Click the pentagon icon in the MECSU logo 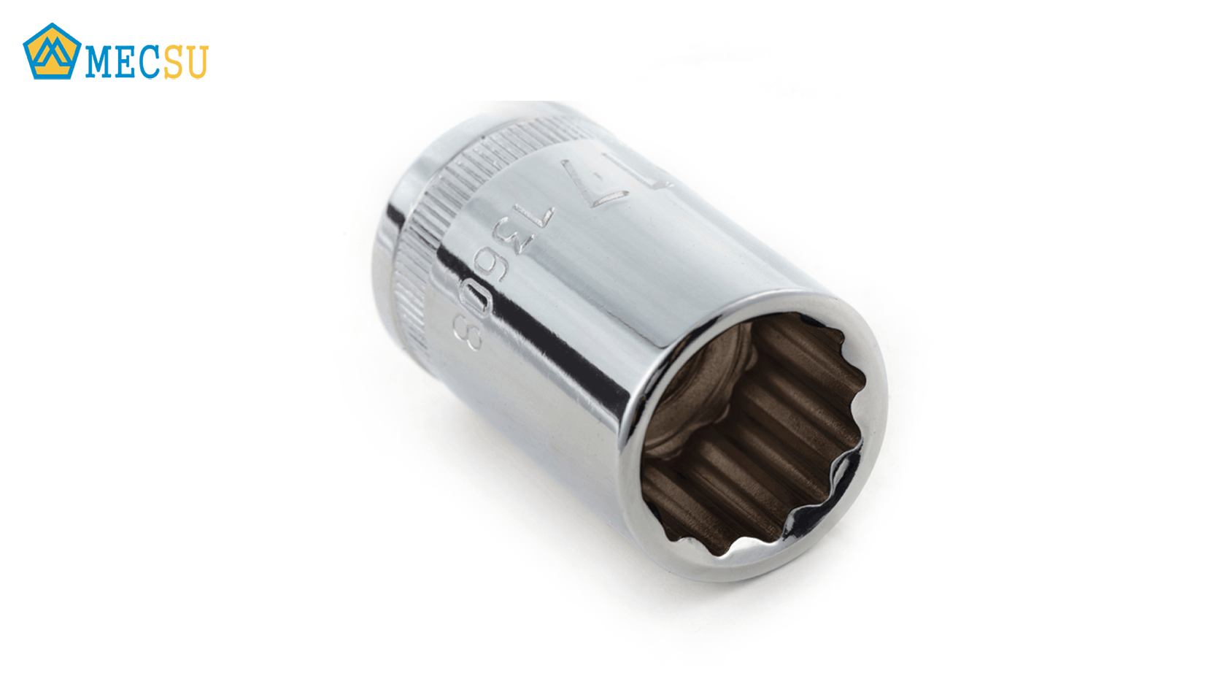(52, 52)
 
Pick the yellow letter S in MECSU (174, 62)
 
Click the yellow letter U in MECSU (196, 62)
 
